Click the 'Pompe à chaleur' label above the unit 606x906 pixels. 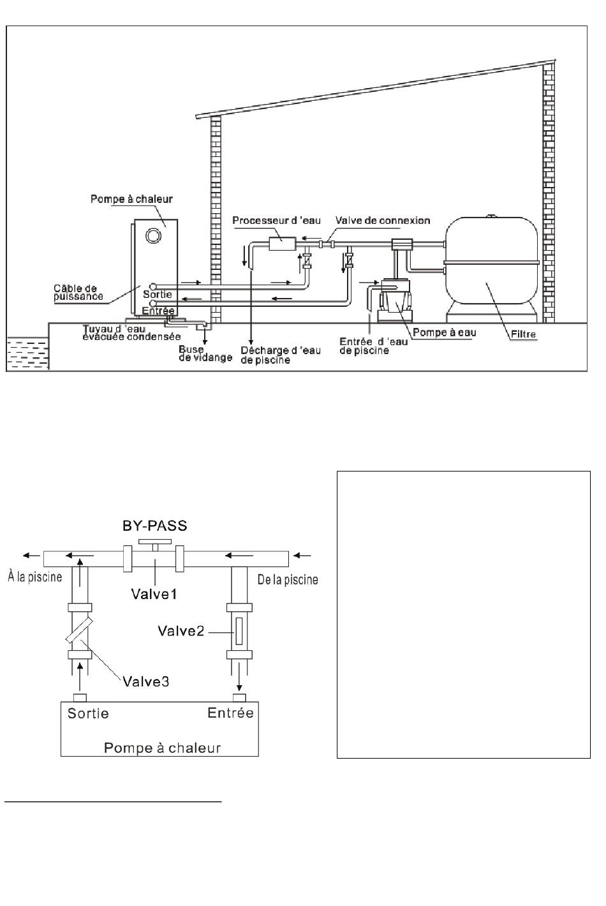(131, 199)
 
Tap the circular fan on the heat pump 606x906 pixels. (153, 235)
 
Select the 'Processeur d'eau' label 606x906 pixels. (276, 220)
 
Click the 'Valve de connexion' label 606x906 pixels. (383, 220)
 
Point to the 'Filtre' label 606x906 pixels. (524, 334)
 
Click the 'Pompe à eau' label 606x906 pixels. (444, 332)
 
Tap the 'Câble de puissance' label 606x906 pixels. (78, 292)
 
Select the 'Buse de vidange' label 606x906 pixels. (205, 353)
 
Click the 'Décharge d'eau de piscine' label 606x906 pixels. (281, 355)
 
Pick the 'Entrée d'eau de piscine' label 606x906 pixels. (374, 346)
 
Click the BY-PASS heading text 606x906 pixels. (155, 525)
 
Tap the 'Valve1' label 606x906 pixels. (154, 594)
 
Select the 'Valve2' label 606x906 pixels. (181, 630)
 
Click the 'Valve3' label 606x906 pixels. (146, 681)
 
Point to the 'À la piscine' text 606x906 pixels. (35, 576)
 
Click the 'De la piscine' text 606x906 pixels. (288, 579)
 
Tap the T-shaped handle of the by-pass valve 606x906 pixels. (155, 544)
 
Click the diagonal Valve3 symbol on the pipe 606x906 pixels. (80, 630)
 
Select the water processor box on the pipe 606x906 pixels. (282, 244)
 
